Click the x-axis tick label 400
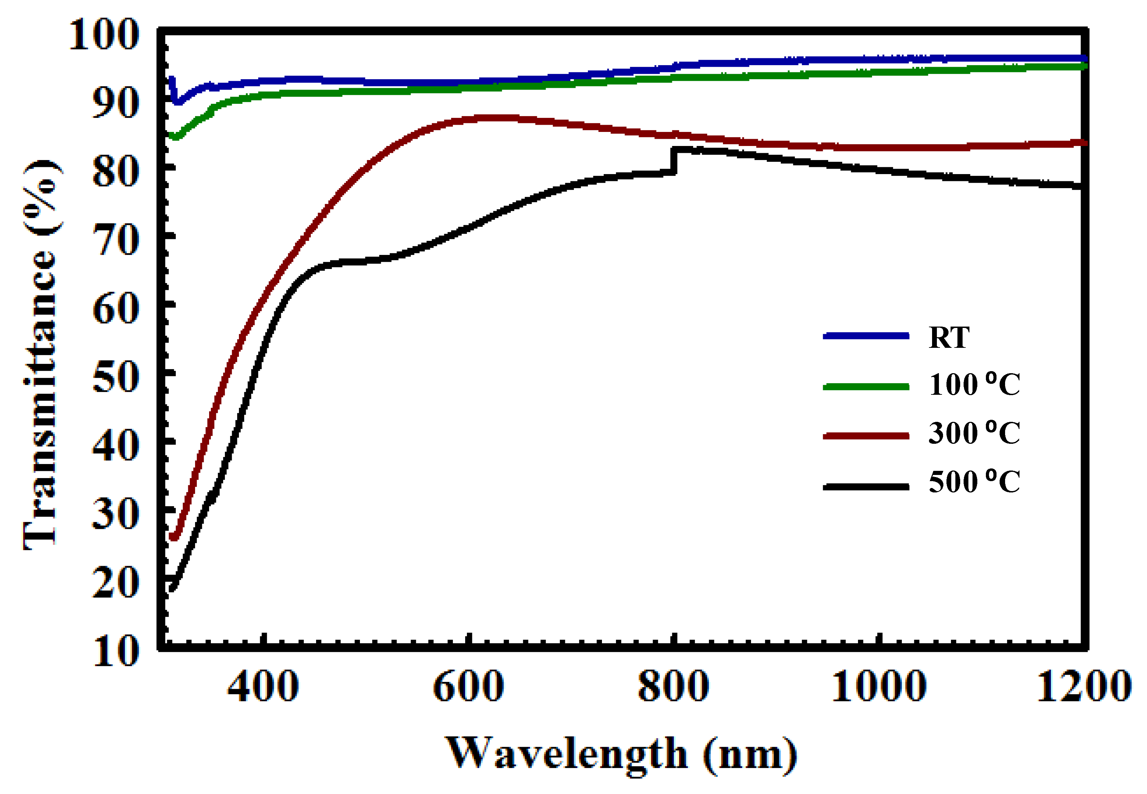click(263, 686)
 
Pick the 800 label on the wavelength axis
click(673, 686)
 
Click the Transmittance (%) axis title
click(42, 354)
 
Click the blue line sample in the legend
click(866, 336)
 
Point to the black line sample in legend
click(866, 487)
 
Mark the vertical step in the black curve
click(674, 160)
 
